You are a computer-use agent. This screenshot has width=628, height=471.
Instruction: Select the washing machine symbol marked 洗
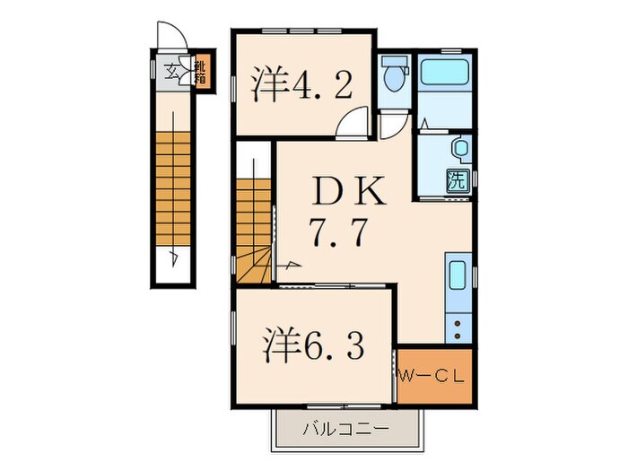[457, 178]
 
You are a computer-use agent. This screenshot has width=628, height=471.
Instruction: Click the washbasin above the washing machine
[459, 146]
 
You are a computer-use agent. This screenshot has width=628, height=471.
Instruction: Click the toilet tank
[393, 65]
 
